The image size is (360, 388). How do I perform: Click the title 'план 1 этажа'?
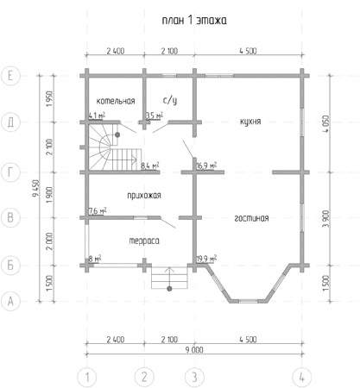[x=194, y=20]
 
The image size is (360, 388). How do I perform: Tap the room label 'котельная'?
[x=116, y=101]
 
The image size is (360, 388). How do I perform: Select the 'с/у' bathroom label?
[x=170, y=100]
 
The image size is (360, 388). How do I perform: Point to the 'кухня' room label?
[x=250, y=122]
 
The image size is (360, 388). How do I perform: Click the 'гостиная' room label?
[x=251, y=218]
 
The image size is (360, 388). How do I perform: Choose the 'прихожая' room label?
[x=144, y=196]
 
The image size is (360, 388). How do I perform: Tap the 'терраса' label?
[x=144, y=241]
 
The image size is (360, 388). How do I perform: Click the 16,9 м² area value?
[x=206, y=166]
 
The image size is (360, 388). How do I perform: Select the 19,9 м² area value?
[x=206, y=258]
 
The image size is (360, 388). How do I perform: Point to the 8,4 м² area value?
[x=150, y=166]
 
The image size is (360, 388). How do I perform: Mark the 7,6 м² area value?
[x=98, y=210]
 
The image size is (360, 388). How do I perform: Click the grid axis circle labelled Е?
[x=10, y=76]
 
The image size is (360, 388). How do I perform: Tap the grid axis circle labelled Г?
[x=10, y=172]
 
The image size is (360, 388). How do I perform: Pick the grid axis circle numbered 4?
[x=302, y=377]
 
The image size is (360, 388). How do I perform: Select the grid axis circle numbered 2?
[x=144, y=377]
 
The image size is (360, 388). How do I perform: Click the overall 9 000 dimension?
[x=194, y=350]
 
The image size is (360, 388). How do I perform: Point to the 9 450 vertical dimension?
[x=35, y=189]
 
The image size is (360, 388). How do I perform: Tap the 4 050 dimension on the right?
[x=326, y=124]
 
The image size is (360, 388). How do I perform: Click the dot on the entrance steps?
[x=169, y=289]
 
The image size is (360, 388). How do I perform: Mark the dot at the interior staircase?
[x=117, y=135]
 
